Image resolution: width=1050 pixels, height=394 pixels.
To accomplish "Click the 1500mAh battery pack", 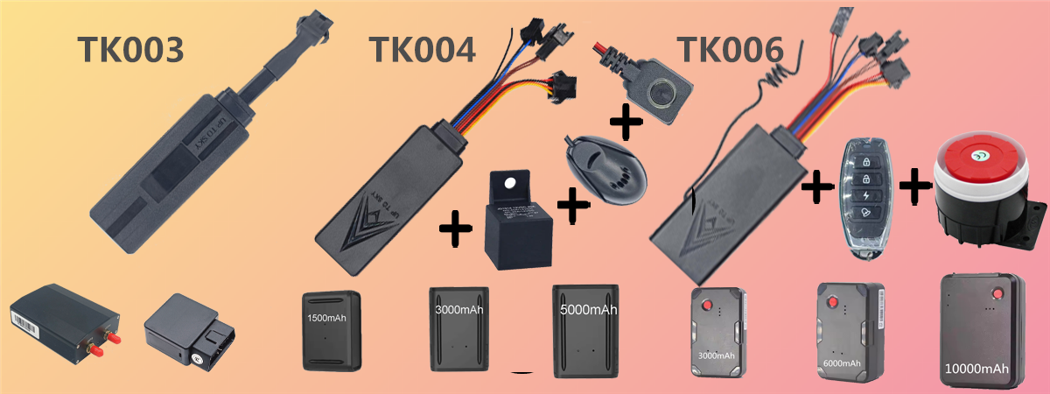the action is point(330,329).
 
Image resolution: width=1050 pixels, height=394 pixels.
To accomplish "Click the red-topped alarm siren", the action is point(979,192).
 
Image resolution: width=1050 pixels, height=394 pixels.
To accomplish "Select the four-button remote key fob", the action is point(864,196).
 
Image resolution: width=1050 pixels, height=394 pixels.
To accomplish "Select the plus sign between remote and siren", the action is point(914,185).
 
